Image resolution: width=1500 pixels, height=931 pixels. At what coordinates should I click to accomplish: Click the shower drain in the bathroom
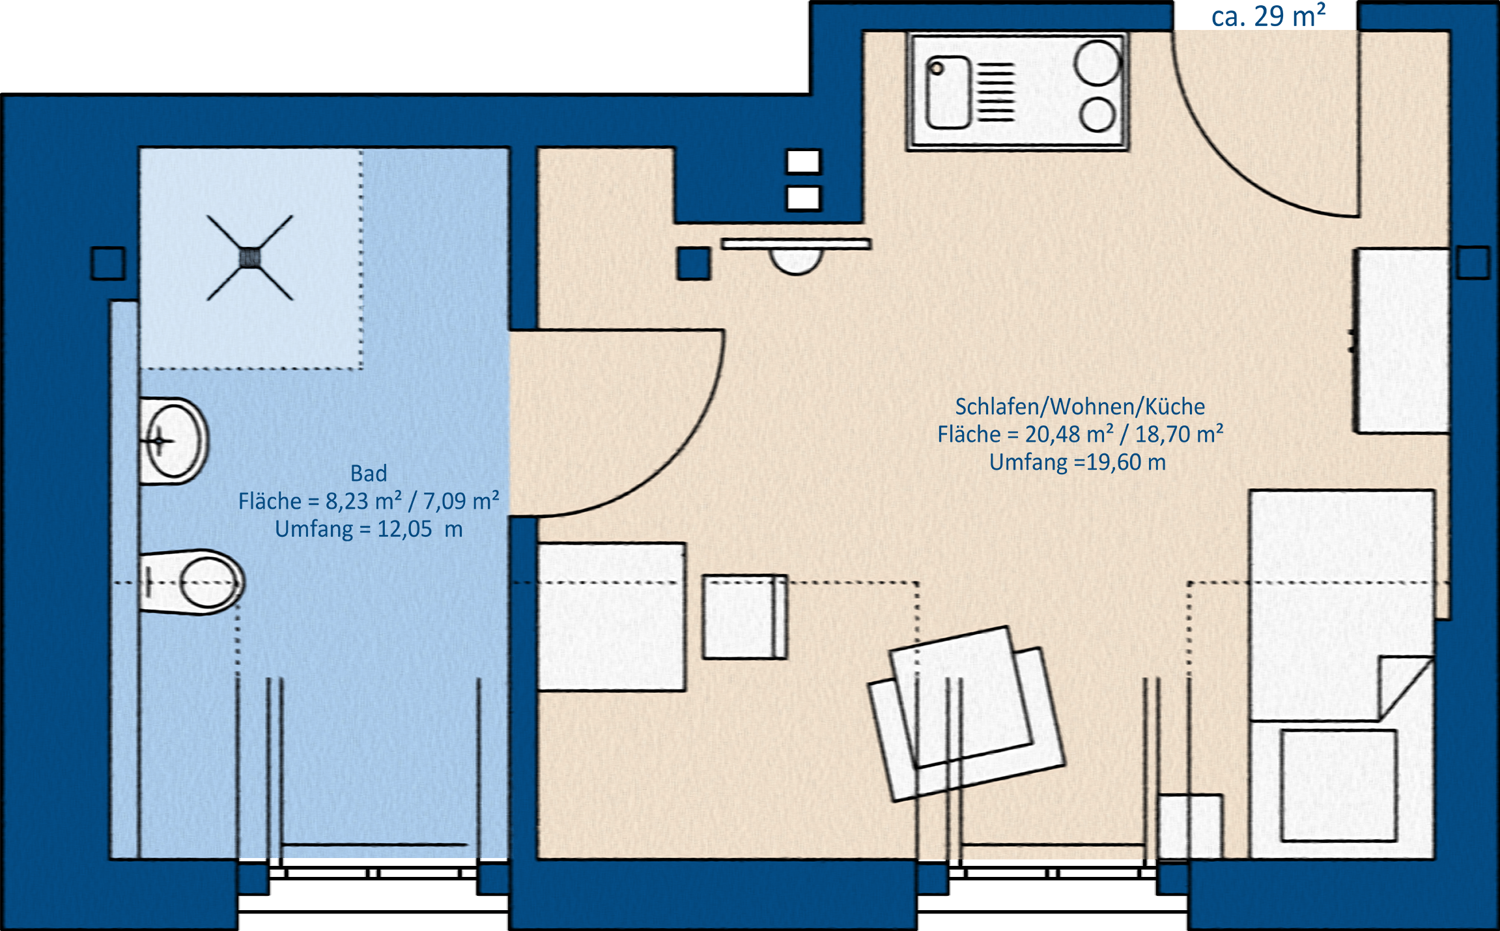coord(250,258)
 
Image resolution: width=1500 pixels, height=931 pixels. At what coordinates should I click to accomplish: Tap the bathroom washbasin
coord(174,441)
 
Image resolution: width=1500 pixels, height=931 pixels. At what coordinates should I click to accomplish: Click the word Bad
coord(369,473)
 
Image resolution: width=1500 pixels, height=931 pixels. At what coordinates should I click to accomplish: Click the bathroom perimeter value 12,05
coord(404,529)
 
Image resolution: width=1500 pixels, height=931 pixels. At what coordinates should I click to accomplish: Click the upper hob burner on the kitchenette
coord(1097,63)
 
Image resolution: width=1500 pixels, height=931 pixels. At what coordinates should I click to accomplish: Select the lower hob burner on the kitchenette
coord(1097,115)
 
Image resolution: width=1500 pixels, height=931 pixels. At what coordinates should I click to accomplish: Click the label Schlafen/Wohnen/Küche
coord(1080,407)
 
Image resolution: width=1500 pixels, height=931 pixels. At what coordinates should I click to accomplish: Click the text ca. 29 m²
coord(1268,16)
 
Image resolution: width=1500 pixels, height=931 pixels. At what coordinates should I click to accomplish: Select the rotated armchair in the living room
coord(967,714)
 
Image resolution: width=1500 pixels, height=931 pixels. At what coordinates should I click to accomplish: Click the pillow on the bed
coord(1338,785)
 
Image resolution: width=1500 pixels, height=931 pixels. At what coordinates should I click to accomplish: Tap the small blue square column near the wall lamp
coord(694,264)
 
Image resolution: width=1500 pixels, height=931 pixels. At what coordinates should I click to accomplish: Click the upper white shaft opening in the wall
coord(804,162)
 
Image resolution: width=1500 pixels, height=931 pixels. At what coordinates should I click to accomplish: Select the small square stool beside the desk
coord(744,617)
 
